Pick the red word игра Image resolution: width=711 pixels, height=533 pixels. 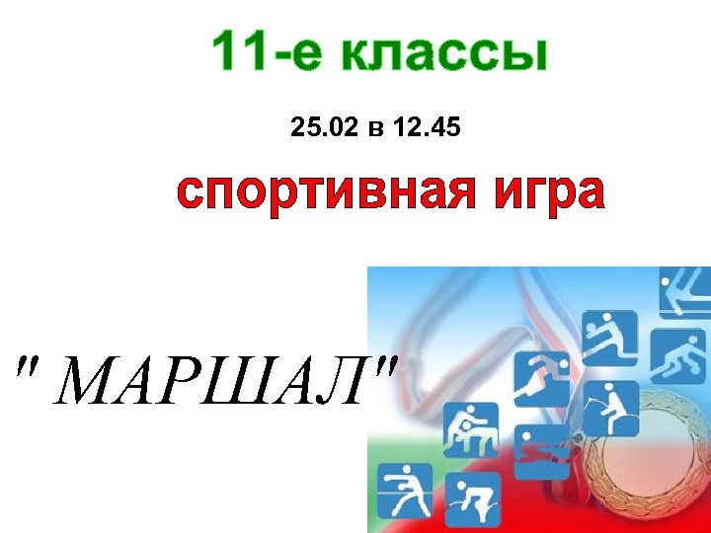pos(549,191)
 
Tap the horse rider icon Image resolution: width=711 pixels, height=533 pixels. pos(610,407)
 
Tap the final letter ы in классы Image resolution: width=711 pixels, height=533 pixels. pos(523,55)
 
